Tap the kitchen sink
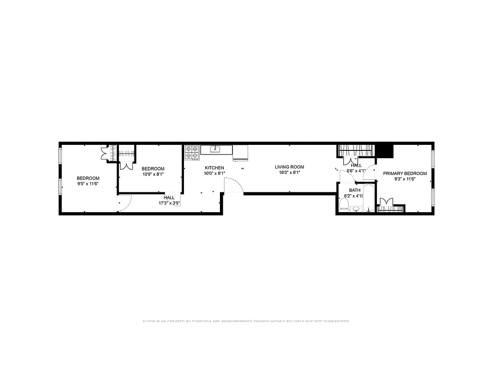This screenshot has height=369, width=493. point(215,149)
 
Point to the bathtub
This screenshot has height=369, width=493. point(368,198)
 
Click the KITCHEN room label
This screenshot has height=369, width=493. point(214,168)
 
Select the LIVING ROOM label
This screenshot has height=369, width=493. point(289,167)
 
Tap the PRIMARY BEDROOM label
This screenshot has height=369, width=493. point(405,173)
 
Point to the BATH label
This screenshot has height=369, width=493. point(354,190)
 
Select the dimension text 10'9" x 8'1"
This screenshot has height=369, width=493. point(152,174)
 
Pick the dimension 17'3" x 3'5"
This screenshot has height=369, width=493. point(169,203)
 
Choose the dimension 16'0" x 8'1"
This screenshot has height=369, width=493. point(289,173)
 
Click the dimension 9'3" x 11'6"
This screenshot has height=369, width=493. point(405,179)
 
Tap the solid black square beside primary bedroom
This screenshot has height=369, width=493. point(383,151)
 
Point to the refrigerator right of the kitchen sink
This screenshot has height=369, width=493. point(240,152)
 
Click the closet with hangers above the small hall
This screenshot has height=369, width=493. point(355,151)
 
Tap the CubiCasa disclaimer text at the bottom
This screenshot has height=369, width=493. point(246,321)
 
